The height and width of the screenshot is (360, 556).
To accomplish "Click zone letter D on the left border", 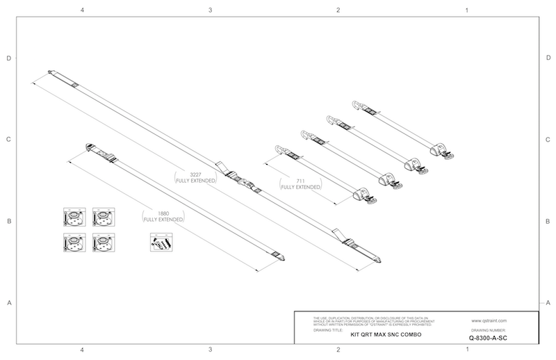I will (x=9, y=58).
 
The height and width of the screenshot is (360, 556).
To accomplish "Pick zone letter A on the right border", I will (x=548, y=303).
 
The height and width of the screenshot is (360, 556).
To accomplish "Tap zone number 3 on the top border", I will (x=211, y=10).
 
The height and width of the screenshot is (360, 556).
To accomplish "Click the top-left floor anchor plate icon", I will (x=72, y=216).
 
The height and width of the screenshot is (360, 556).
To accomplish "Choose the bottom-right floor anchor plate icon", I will (x=102, y=243).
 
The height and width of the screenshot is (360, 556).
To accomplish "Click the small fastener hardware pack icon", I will (x=159, y=243).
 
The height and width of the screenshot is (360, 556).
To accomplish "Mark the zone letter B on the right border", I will (x=548, y=222).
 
